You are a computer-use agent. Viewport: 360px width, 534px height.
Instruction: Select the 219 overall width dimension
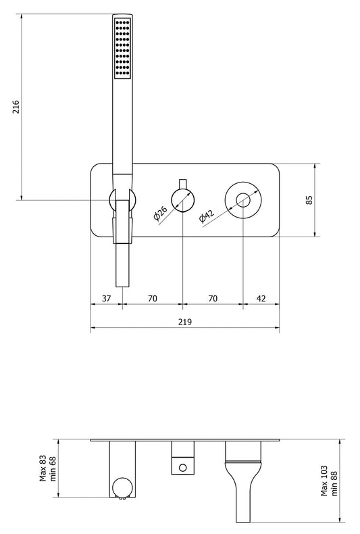coord(186,322)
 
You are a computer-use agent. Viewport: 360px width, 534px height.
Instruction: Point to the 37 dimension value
coord(106,298)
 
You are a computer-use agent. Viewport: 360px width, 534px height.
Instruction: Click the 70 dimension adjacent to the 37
coord(152,298)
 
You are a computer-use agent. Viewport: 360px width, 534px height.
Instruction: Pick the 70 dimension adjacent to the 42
coord(212,298)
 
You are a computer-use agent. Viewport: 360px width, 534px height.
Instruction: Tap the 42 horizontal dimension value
coord(261,298)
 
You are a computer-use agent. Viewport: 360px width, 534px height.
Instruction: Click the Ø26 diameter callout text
coord(160,214)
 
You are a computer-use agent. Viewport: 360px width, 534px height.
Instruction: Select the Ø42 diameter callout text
coord(207,216)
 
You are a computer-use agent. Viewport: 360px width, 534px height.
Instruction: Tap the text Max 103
coord(325,481)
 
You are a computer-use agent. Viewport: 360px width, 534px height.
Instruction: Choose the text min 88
coord(334,481)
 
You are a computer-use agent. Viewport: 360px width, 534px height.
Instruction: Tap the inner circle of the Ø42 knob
coord(243,200)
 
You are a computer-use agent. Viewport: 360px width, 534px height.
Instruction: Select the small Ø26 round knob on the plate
coord(182,200)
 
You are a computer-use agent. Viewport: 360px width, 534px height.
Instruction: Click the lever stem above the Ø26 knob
coord(182,185)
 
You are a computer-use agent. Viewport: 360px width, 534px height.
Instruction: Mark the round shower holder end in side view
coord(122,487)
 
